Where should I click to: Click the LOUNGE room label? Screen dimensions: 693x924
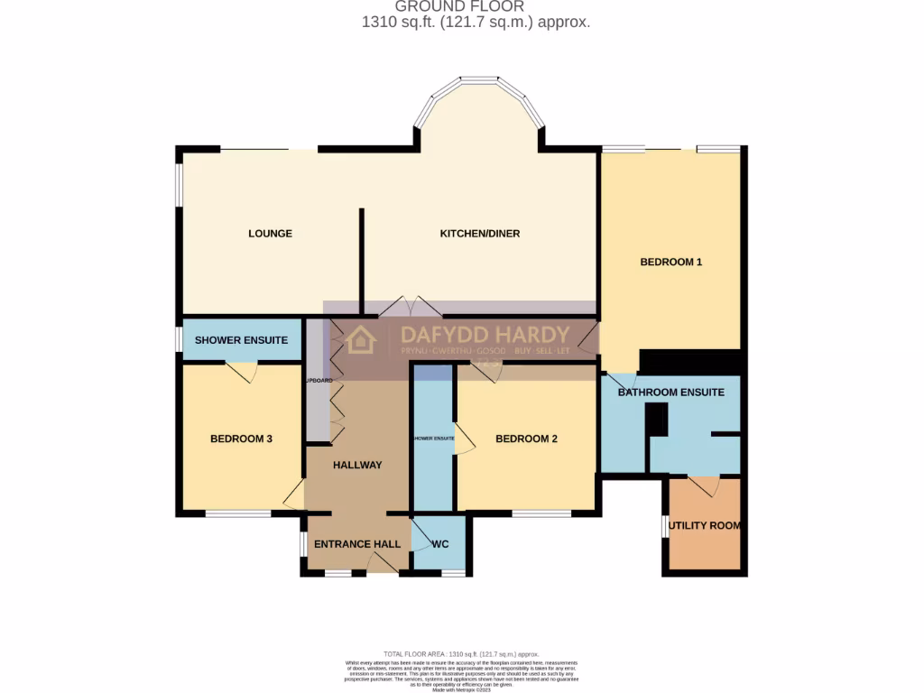coord(270,234)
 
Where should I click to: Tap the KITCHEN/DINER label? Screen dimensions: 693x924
coord(479,234)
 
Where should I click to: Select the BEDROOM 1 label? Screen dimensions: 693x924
coord(670,263)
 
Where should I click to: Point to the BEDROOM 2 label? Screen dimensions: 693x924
coord(526,439)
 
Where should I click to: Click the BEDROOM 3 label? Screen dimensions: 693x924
coord(241,439)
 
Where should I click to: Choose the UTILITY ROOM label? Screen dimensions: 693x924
coord(706,525)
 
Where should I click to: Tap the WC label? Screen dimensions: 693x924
coord(440,544)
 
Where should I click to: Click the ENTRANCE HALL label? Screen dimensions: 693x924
coord(356,544)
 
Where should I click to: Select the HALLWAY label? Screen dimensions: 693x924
coord(357,466)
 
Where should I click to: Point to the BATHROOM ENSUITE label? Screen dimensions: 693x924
coord(670,393)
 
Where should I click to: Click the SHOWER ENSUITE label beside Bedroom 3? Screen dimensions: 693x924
coord(241,340)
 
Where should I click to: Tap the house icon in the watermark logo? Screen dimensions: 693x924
coord(361,340)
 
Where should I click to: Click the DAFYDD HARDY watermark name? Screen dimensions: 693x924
coord(485,333)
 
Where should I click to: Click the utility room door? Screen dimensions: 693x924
coord(704,485)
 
